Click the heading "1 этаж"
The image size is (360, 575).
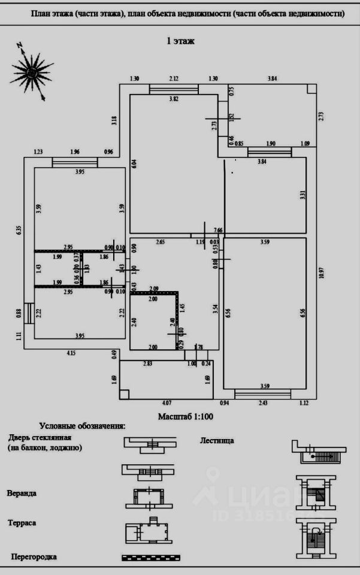point(180,41)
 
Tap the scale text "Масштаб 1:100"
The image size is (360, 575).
point(186,415)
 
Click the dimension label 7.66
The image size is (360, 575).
point(218,230)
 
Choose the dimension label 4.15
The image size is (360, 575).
point(71,353)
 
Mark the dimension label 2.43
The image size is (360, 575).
point(263,403)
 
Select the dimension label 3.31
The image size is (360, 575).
point(302,195)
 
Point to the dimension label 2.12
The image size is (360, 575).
point(174,78)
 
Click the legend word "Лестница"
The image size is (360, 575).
point(217,440)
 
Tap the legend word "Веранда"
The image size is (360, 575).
point(22,494)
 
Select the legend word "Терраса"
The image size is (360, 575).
point(22,523)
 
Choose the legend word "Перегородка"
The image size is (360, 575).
point(34,557)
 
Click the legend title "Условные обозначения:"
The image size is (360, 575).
point(82,426)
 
